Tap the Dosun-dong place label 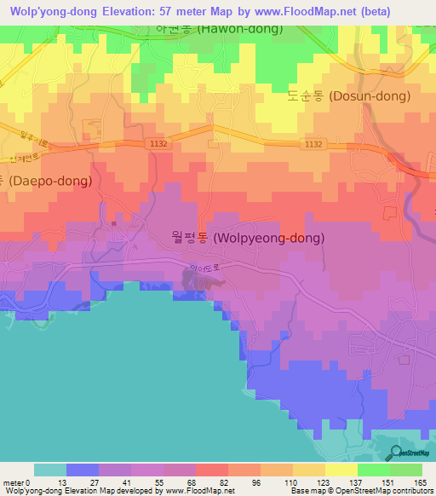pyautogui.click(x=340, y=96)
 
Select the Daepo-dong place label pyautogui.click(x=39, y=181)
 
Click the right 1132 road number pyautogui.click(x=313, y=144)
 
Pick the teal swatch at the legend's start pyautogui.click(x=50, y=470)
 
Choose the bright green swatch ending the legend pyautogui.click(x=406, y=470)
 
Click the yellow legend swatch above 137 pyautogui.click(x=341, y=470)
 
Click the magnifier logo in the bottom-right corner pyautogui.click(x=395, y=452)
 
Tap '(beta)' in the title pyautogui.click(x=399, y=10)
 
